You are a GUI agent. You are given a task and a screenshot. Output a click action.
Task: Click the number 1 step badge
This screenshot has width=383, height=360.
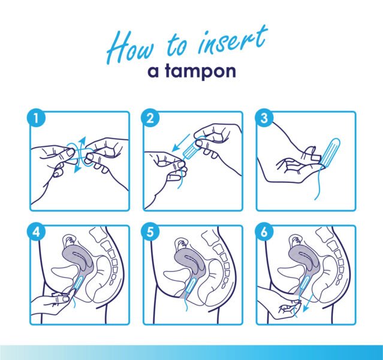tap(36, 118)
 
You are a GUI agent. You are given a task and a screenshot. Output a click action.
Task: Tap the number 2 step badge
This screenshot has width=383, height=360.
tap(150, 118)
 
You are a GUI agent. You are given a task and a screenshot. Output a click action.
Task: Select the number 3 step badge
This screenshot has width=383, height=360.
tap(264, 118)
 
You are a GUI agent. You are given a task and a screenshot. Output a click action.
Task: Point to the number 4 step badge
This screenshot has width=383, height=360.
tap(36, 232)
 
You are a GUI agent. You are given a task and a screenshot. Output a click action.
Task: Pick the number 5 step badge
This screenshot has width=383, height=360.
tap(150, 232)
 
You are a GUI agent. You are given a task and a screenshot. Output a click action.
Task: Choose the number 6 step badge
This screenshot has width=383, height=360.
tap(264, 232)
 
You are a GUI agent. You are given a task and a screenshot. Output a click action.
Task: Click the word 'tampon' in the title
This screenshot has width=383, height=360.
tap(200, 71)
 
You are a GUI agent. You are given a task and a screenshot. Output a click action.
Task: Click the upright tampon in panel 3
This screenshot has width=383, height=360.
tap(330, 151)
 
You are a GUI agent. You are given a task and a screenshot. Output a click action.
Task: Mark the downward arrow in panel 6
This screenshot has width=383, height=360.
tap(308, 303)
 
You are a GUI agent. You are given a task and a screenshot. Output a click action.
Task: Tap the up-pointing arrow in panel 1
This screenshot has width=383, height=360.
tap(82, 144)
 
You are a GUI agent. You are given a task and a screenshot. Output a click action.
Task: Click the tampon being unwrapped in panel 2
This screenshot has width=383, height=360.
tap(191, 150)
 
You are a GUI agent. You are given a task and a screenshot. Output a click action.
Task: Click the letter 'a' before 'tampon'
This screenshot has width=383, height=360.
tap(153, 73)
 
